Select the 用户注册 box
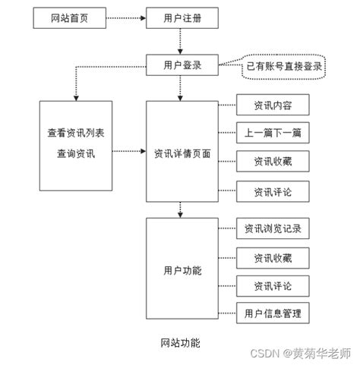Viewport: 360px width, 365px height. pos(182,18)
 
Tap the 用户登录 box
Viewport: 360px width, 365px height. pos(182,65)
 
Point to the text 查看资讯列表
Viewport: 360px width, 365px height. pos(76,133)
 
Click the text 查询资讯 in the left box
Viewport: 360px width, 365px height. pos(76,153)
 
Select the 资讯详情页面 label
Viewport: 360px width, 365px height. pos(182,153)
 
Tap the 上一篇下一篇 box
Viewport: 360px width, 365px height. pos(273,133)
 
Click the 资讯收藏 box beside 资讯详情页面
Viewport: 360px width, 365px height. pos(273,161)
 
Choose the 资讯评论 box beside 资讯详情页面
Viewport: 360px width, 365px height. pos(273,192)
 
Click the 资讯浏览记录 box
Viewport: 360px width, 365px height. pos(273,228)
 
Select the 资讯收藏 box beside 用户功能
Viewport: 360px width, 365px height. pos(273,258)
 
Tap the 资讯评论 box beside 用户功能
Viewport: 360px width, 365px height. pos(273,286)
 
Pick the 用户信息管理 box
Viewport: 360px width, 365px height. pos(273,313)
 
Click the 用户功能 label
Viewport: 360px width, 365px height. pos(182,270)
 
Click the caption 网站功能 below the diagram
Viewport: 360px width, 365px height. pos(181,342)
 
